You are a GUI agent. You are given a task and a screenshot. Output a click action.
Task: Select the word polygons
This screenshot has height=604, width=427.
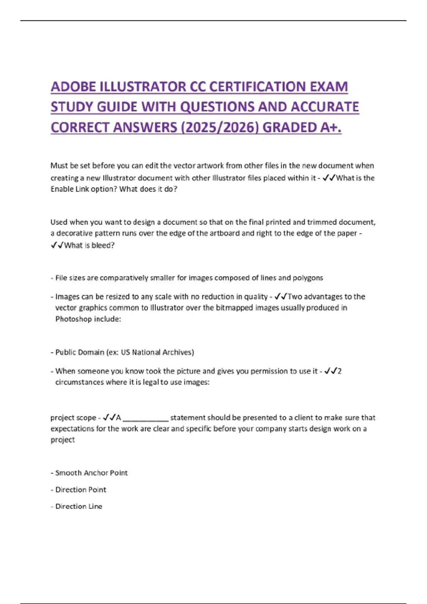pyautogui.click(x=307, y=278)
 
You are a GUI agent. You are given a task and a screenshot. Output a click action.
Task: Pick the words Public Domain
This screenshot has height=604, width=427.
pyautogui.click(x=80, y=352)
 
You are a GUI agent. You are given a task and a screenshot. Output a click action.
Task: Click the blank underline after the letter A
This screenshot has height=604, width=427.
pyautogui.click(x=146, y=418)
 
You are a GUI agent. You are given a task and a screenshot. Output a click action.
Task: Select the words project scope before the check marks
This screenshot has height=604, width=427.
pyautogui.click(x=73, y=418)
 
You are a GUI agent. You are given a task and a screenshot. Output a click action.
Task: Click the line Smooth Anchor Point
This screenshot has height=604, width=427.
pyautogui.click(x=91, y=473)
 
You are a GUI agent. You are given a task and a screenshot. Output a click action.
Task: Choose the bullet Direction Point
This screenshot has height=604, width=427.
pyautogui.click(x=80, y=490)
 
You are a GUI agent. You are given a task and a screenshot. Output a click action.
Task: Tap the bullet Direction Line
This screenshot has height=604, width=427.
pyautogui.click(x=79, y=506)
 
